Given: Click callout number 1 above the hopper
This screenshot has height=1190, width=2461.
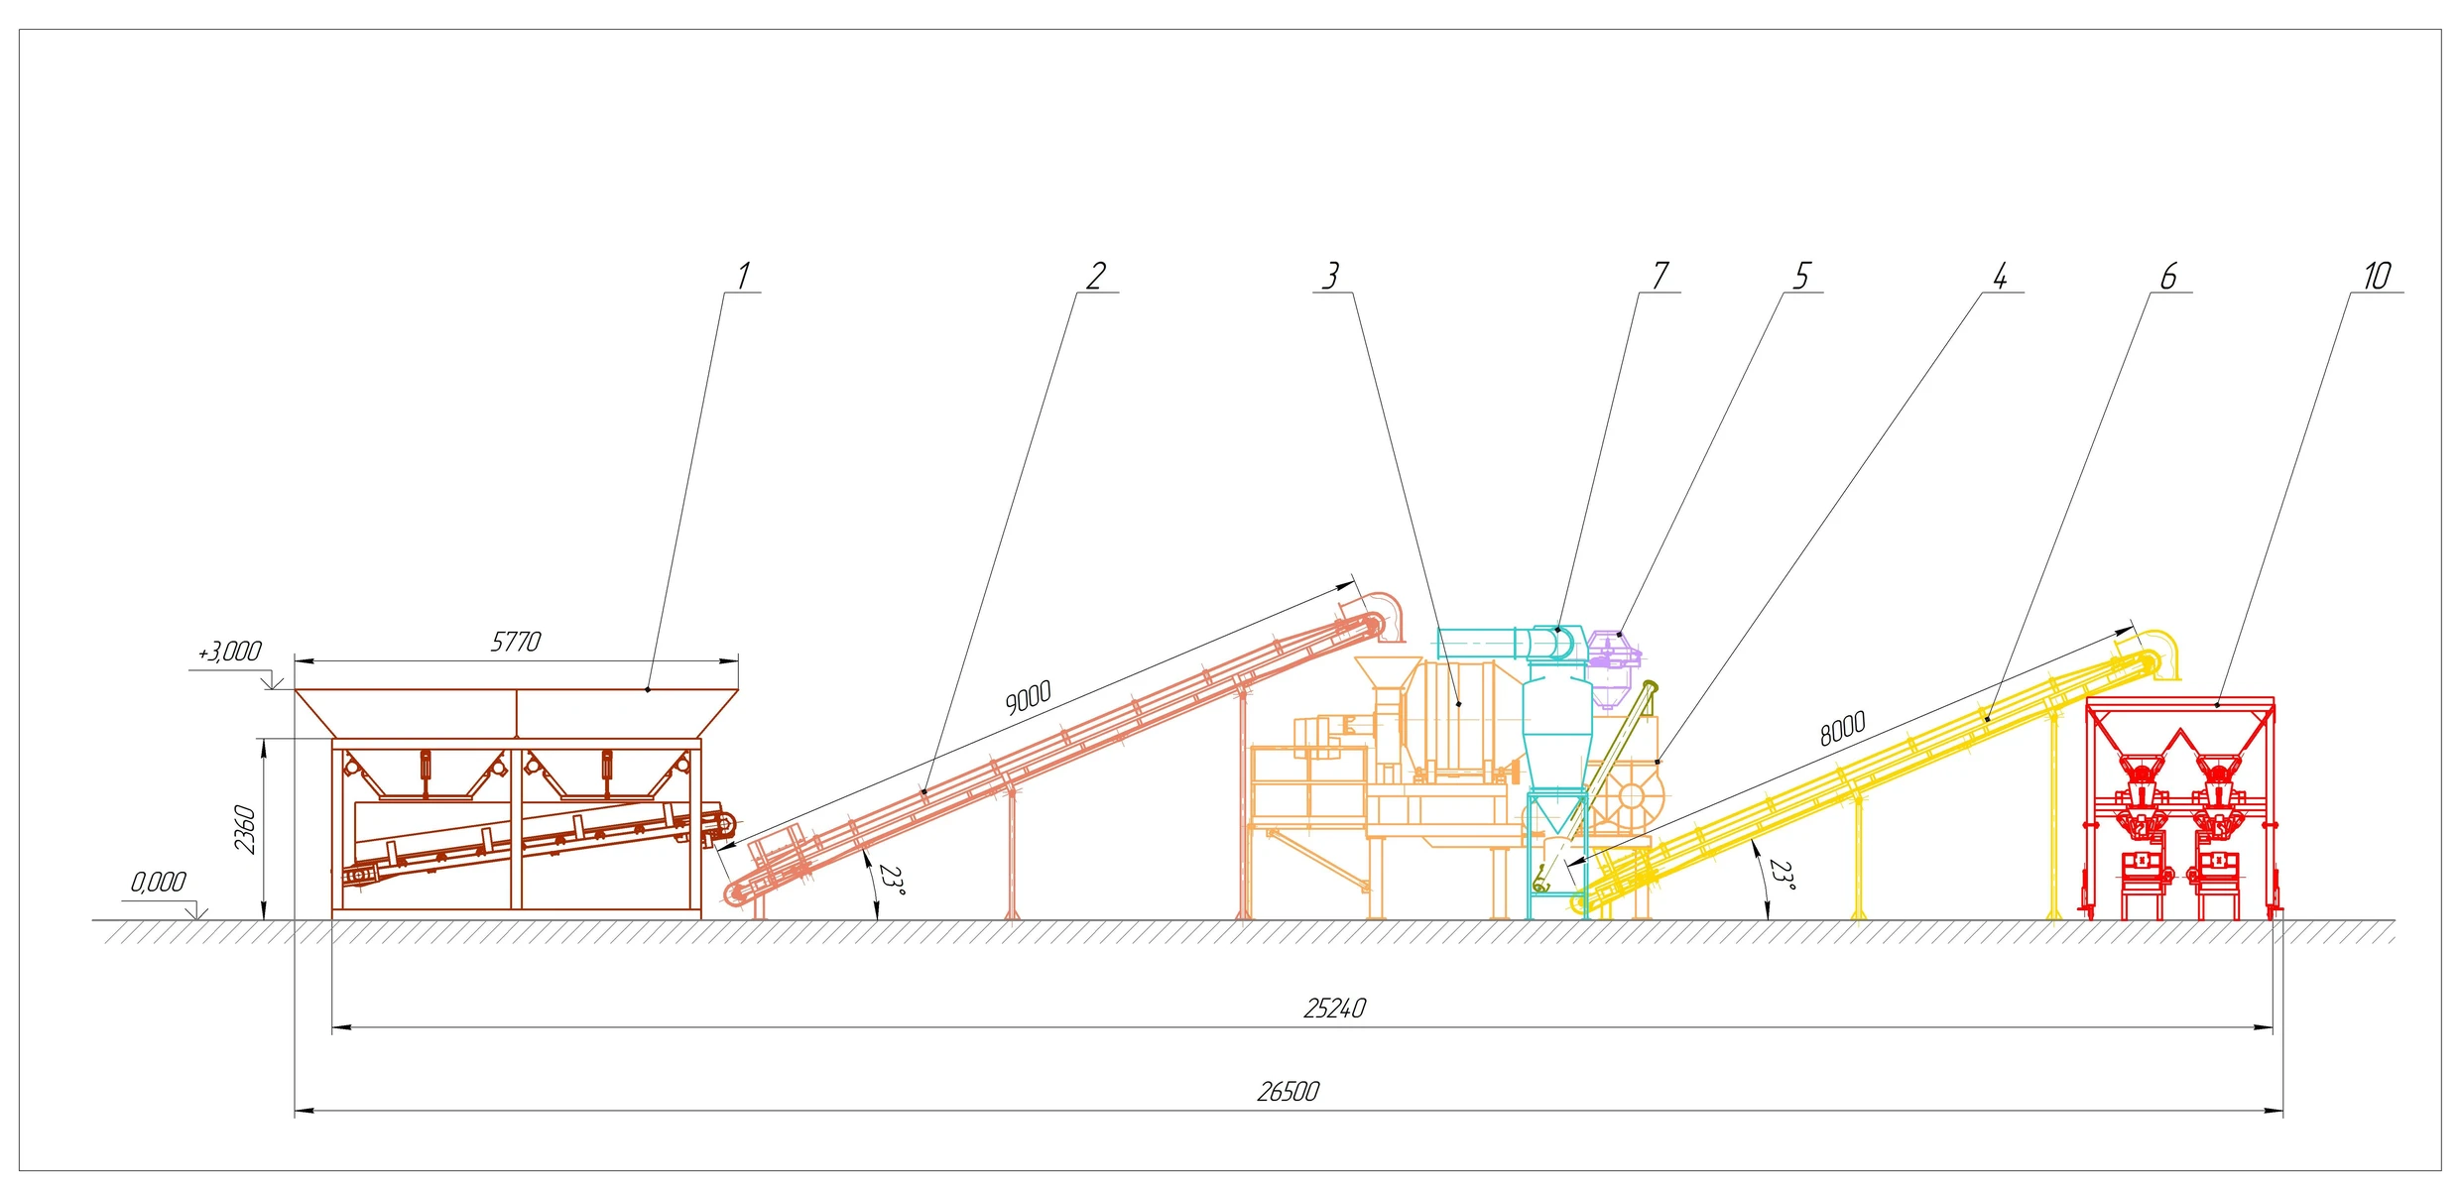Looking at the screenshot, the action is tap(743, 276).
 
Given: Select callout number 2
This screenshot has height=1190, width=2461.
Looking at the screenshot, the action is tap(1096, 276).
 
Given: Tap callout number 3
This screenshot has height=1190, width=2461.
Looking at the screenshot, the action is tap(1331, 276).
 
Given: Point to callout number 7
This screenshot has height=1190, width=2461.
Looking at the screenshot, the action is tap(1661, 276).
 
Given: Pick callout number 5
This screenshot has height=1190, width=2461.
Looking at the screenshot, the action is tap(1802, 276).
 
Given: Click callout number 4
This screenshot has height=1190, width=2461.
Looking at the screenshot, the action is tap(2001, 276).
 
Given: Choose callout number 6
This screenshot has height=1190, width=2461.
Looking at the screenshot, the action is tap(2169, 276).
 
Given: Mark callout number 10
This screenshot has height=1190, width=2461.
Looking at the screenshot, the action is tap(2377, 276).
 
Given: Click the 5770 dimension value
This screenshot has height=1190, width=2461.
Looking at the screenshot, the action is tap(516, 642).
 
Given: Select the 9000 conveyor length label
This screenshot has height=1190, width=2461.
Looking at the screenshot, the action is tap(1028, 697).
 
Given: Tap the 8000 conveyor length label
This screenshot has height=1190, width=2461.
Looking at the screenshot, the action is tap(1843, 728).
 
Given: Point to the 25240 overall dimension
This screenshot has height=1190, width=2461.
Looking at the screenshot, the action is tap(1334, 1009).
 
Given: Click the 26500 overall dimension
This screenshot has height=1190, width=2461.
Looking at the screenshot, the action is tap(1288, 1092).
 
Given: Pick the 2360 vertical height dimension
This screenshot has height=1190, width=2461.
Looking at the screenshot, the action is tap(245, 829).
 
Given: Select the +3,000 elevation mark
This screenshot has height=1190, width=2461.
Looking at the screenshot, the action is tap(229, 652).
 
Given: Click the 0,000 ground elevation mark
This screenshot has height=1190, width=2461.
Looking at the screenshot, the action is tap(159, 882).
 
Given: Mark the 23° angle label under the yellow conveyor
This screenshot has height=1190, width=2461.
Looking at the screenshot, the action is tap(1783, 876).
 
